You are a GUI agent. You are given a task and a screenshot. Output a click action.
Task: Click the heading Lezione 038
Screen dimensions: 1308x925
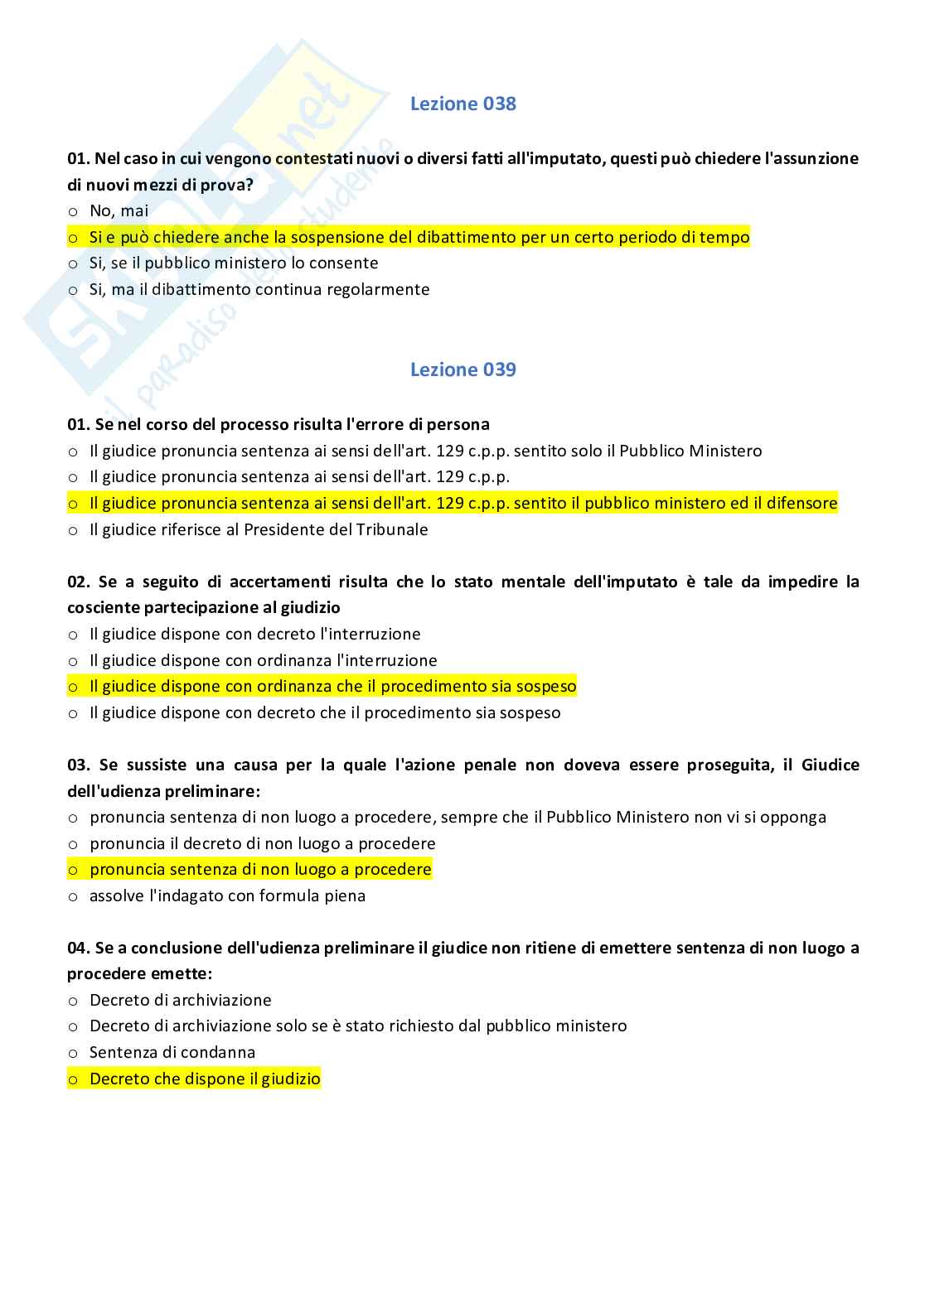462,104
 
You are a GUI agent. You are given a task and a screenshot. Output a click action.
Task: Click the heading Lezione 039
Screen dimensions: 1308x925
462,369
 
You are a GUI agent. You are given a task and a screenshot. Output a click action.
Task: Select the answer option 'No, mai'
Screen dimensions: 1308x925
119,210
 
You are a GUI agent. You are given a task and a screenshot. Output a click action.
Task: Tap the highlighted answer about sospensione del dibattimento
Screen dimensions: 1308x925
419,237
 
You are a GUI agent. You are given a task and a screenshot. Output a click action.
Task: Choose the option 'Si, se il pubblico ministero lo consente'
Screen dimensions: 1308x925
234,263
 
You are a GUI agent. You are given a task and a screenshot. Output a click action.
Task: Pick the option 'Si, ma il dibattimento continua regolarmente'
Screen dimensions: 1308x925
259,290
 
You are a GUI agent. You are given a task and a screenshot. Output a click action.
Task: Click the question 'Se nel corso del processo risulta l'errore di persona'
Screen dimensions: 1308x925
278,424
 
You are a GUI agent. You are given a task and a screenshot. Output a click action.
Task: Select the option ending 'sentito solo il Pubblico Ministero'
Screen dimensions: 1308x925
425,451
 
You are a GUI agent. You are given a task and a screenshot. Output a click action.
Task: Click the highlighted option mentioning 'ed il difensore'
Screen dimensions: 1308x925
463,503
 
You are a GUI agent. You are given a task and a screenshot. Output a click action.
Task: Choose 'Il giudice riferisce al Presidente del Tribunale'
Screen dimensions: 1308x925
259,529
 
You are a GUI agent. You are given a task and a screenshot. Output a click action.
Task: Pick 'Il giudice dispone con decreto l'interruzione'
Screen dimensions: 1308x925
254,634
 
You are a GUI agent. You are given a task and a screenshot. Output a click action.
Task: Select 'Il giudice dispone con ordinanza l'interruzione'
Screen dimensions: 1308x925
263,660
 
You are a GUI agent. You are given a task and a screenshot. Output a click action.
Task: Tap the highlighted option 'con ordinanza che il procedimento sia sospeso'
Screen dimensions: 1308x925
332,686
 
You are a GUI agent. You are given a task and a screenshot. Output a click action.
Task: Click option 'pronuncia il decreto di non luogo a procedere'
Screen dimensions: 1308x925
262,843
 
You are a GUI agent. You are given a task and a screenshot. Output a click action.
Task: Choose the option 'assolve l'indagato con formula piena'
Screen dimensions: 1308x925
227,895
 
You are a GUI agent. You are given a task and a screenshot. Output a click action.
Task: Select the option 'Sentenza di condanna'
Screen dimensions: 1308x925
172,1052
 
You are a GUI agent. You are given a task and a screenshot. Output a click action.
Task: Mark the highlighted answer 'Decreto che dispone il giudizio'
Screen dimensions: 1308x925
204,1079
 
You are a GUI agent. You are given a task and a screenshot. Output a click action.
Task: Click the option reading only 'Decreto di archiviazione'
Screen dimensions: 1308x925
180,1000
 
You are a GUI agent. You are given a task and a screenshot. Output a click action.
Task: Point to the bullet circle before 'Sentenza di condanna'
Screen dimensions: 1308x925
73,1053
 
